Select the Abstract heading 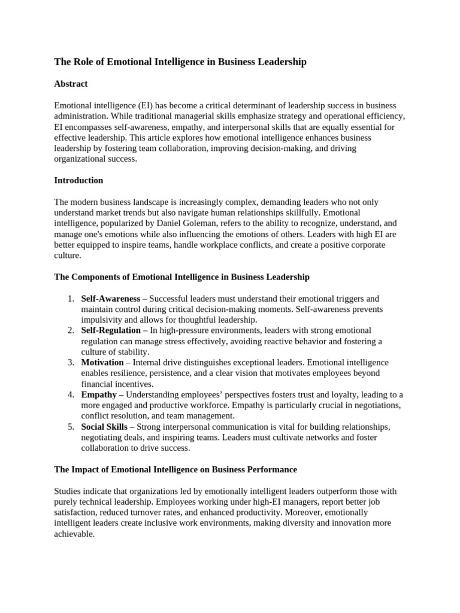pos(71,84)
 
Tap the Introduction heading pos(78,180)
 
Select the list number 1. pos(70,298)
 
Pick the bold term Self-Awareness pos(110,298)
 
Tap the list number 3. pos(70,362)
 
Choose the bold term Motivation pos(102,362)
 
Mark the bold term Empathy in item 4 pos(99,394)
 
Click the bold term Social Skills pos(104,427)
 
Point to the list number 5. pos(70,427)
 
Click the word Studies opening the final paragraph pos(68,491)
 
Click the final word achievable pos(74,534)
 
